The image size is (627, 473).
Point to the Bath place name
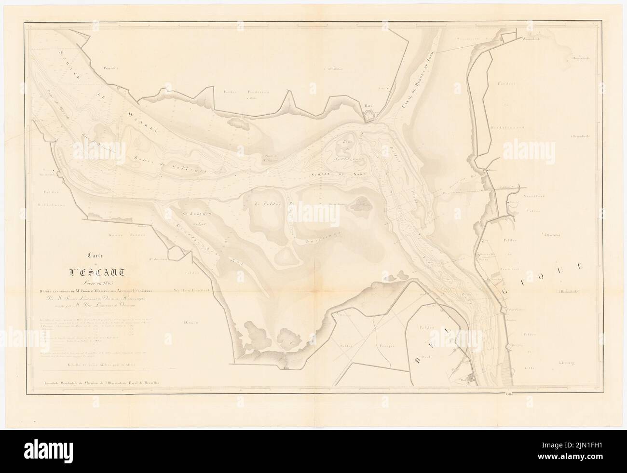(x=369, y=104)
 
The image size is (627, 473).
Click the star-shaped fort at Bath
(x=369, y=116)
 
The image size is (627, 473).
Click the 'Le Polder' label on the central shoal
(x=265, y=204)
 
